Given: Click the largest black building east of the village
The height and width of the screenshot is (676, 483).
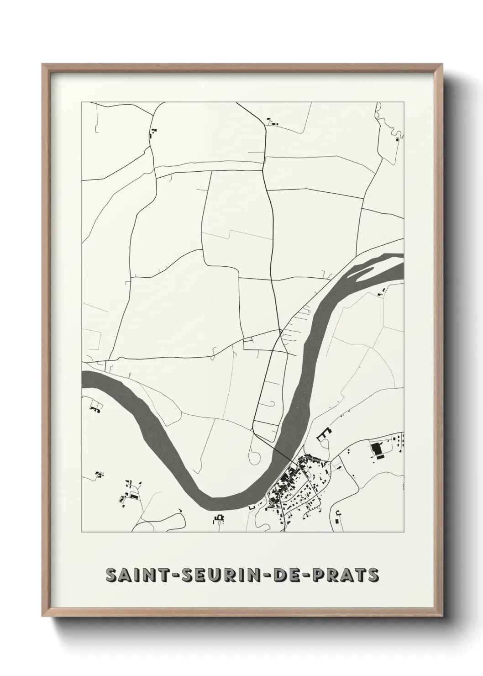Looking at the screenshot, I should point(378,449).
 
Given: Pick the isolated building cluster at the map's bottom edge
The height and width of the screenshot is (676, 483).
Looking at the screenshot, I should point(220,519).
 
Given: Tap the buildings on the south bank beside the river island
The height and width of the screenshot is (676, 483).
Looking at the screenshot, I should point(381,294).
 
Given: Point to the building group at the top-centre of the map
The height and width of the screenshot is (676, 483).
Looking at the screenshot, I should point(273,122).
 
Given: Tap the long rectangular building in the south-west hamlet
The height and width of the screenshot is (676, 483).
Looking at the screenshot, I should point(134,496).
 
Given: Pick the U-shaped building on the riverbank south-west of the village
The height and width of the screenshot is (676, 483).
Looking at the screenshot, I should point(252,507).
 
